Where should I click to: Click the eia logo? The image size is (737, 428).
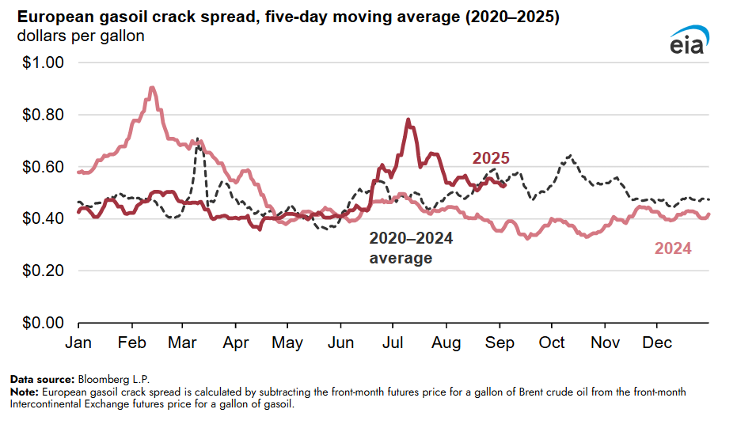[x=689, y=41]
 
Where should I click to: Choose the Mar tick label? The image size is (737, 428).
[x=183, y=342]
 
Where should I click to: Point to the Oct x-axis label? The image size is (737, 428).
[x=552, y=342]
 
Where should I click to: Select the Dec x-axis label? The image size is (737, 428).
[x=657, y=342]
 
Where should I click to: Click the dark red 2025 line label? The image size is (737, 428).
[x=491, y=158]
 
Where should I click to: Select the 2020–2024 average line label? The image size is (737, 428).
[x=411, y=248]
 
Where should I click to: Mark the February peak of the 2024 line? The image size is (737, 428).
[x=152, y=88]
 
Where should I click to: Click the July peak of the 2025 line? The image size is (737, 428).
[x=408, y=120]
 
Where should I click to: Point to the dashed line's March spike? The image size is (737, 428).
[x=196, y=138]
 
